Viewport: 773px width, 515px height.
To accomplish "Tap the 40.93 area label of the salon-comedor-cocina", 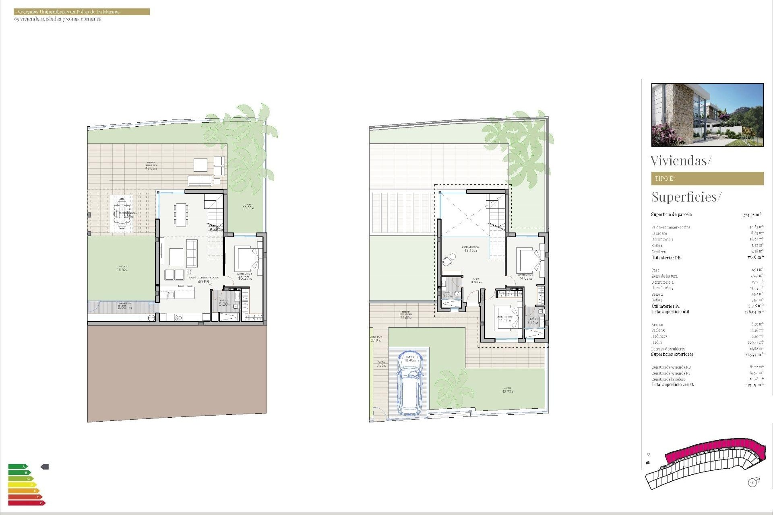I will [x=203, y=282].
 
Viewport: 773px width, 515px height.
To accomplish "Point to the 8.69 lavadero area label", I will [x=122, y=307].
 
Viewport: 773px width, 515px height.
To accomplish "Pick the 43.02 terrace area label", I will [x=151, y=168].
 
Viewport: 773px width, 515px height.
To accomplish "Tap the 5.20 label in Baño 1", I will [x=223, y=304].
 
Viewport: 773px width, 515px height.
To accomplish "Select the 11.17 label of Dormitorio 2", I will [x=503, y=321].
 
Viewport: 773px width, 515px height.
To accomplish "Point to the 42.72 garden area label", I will [x=507, y=391].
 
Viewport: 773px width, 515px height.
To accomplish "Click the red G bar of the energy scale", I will [x=27, y=503].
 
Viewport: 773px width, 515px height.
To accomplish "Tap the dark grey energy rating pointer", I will [x=45, y=467].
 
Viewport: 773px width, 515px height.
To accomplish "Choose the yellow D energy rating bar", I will [x=22, y=485].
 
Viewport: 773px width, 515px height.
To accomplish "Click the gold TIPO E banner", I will [x=707, y=179].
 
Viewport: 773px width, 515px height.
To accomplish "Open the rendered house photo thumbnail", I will [x=707, y=115].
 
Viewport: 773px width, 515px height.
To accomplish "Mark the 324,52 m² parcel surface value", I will [x=752, y=215].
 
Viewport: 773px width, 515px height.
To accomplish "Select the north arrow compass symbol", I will [x=752, y=482].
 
